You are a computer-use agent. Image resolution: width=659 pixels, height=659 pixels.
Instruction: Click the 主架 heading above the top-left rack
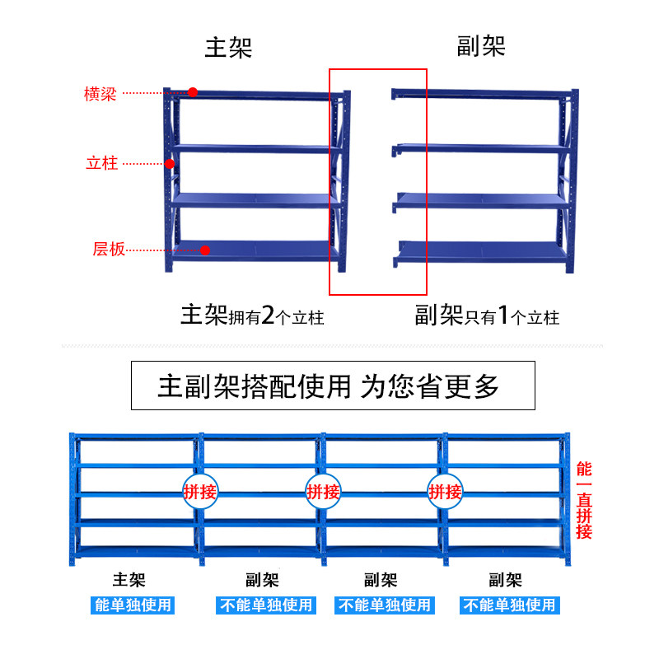(228, 47)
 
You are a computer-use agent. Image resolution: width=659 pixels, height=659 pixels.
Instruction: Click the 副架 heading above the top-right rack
(481, 46)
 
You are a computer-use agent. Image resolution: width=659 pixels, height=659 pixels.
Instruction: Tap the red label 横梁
(100, 93)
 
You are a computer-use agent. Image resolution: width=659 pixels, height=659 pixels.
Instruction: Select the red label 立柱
(102, 163)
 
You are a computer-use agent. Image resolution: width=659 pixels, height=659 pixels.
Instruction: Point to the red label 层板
(109, 249)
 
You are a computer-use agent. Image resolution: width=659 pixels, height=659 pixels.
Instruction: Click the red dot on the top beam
(193, 92)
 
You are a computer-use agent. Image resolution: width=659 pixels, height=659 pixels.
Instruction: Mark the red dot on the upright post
(170, 164)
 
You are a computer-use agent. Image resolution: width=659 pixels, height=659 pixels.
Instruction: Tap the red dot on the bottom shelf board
(206, 250)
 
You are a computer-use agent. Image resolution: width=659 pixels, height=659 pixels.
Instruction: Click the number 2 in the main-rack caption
(267, 315)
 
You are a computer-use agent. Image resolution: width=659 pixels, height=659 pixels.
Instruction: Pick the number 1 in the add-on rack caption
(507, 315)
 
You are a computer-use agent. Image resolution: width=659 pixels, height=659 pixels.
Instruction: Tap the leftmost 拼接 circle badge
(200, 493)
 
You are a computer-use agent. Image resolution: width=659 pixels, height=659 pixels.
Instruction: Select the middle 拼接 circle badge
(323, 493)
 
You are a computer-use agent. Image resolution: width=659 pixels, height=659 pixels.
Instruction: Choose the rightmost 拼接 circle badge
(445, 493)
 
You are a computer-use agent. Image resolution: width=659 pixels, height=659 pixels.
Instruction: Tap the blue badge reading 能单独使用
(133, 605)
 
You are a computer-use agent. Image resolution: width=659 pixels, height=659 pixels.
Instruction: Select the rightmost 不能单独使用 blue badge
(508, 605)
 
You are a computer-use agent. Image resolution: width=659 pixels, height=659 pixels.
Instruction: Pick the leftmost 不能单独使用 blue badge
(265, 605)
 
